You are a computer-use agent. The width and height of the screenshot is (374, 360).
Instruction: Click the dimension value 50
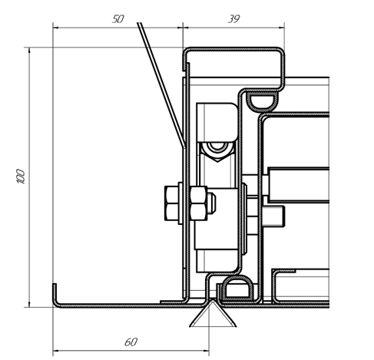coord(118,19)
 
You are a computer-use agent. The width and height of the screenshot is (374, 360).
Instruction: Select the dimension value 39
coord(233,19)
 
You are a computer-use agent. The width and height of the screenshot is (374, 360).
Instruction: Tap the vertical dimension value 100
coord(21,177)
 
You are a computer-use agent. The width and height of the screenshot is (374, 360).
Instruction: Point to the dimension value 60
coord(131,342)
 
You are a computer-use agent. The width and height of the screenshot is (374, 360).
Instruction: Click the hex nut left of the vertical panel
coord(171,203)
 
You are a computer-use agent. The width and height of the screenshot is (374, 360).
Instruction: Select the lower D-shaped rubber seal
coord(237,288)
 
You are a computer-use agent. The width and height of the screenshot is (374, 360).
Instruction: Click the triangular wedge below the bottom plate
coord(213,314)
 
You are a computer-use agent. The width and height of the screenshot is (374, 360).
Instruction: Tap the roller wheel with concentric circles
coord(217,147)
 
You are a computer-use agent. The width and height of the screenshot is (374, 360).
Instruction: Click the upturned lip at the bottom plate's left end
coord(55,293)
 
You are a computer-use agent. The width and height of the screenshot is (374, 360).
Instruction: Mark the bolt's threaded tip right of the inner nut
coord(211,203)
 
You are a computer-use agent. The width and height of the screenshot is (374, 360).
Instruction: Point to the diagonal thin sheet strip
coord(161,84)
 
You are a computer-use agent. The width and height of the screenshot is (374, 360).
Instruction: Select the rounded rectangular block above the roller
coord(217,122)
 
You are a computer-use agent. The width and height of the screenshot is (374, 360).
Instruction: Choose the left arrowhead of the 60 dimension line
coord(55,351)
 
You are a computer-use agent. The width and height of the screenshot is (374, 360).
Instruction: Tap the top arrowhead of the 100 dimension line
coord(29,51)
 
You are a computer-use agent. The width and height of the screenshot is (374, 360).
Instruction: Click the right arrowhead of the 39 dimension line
coord(281,28)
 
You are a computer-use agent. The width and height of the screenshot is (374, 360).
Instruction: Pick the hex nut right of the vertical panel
coord(199,203)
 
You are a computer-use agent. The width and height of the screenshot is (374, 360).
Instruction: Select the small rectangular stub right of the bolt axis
coord(273,216)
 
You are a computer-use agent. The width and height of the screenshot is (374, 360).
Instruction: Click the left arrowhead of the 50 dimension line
coord(56,28)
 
